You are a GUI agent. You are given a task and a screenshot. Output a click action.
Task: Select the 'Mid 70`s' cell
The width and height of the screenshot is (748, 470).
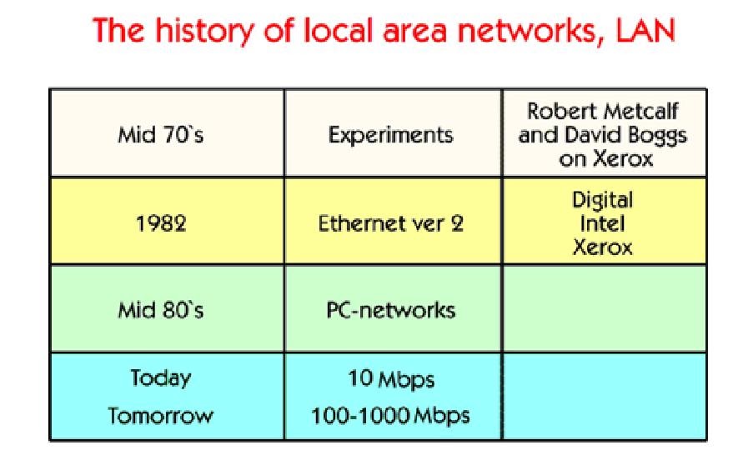(161, 134)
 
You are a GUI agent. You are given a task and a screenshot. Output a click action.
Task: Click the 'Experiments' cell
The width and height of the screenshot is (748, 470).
(391, 134)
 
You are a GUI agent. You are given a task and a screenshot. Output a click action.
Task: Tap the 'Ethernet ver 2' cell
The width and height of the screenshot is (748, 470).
(391, 223)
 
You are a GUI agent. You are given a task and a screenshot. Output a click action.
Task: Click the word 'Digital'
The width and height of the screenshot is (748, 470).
(602, 201)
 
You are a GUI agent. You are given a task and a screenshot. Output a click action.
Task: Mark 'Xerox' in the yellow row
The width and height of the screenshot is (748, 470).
(602, 246)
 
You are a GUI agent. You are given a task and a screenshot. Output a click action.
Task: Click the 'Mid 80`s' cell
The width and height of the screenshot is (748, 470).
(161, 311)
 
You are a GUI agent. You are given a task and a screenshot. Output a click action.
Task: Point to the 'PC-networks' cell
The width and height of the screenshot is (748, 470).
(391, 311)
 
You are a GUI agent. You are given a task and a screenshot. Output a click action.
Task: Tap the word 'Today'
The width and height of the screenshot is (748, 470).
(161, 377)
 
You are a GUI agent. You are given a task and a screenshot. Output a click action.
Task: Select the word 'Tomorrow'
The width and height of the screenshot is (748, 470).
(161, 415)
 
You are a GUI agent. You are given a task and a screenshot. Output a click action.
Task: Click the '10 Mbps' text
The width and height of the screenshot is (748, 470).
(391, 379)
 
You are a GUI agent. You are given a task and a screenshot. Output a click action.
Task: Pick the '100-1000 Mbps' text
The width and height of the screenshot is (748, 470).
(391, 415)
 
